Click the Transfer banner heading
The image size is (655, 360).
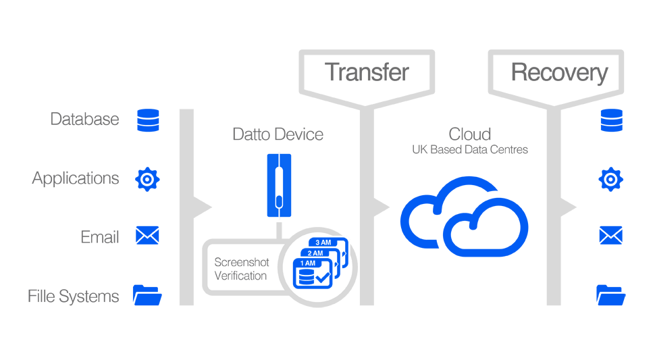point(367,72)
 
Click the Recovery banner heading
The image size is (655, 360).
point(558,72)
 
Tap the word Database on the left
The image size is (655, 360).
point(84,120)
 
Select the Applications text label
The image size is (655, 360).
point(76,178)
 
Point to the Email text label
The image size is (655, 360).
point(100,237)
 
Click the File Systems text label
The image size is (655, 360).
point(74,296)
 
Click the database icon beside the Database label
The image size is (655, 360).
point(148,120)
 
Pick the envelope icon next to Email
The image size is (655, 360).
point(147,236)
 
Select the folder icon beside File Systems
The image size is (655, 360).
point(147,295)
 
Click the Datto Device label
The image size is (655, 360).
point(278,134)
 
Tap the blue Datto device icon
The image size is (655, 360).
point(278,185)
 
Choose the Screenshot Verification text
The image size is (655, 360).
point(240,269)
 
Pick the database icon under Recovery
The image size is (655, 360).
point(610,120)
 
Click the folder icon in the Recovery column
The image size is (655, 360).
point(610,295)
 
